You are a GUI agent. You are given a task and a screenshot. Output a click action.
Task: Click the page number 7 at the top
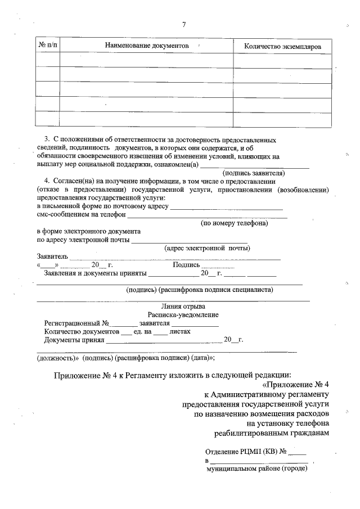pos(183,24)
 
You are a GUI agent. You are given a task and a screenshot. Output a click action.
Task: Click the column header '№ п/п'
pos(47,44)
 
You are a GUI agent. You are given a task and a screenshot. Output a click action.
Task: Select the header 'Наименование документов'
pos(146,45)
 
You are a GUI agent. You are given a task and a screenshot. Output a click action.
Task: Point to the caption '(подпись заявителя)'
pos(255,173)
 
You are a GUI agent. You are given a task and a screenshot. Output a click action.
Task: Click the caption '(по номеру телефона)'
pos(235,223)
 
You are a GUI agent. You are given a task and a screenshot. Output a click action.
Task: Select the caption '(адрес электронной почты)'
pos(207,248)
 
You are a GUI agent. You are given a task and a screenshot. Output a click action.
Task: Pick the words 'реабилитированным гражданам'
pos(272,433)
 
